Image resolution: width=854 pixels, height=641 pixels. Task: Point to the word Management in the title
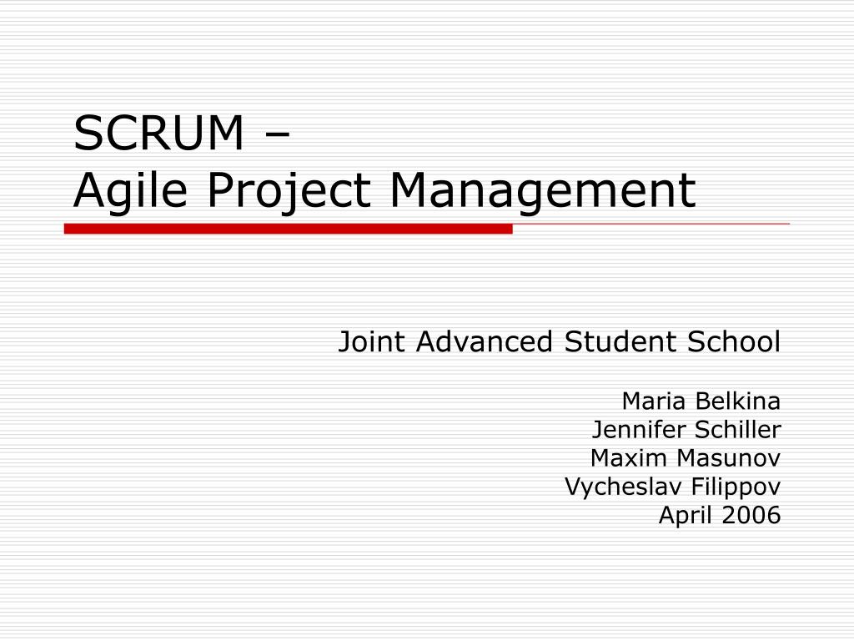tap(542, 189)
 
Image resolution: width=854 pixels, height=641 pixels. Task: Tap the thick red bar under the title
tap(288, 229)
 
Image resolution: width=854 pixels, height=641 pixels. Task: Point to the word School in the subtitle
tap(734, 341)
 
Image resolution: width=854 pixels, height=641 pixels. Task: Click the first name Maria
tap(653, 401)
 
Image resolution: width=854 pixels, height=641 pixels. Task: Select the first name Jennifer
tap(628, 430)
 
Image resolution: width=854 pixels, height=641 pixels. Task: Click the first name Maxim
tap(619, 458)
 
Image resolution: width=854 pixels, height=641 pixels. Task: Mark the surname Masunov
tap(728, 458)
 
